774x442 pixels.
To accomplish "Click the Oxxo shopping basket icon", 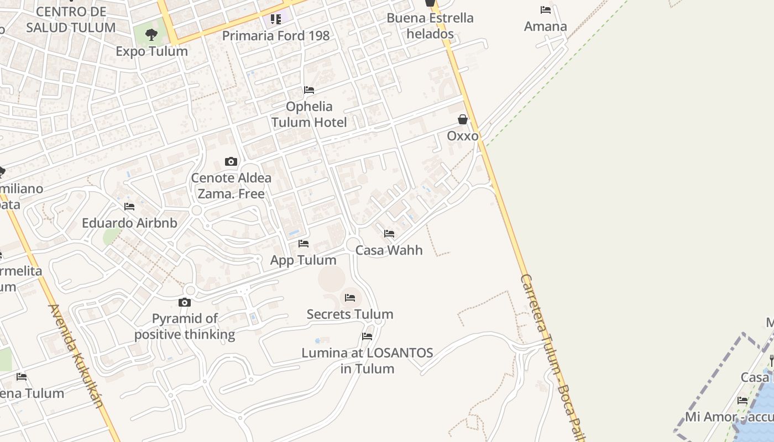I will coord(463,119).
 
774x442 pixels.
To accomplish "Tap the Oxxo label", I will coord(463,136).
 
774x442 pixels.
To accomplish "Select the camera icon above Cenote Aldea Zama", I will coord(231,162).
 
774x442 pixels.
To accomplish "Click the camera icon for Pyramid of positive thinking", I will coord(185,302).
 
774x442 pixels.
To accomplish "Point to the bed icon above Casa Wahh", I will coord(389,234).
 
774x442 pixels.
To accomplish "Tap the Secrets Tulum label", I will coord(350,314).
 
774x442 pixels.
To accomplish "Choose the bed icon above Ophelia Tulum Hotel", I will coord(309,90).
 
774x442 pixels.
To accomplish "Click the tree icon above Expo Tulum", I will coord(151,35).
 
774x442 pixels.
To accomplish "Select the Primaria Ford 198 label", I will coord(276,36).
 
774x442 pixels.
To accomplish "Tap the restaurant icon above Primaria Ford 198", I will coord(276,20).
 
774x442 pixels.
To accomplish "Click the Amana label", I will coord(546,27).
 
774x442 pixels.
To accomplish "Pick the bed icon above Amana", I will coord(546,10).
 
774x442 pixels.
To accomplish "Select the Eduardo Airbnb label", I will coord(129,223).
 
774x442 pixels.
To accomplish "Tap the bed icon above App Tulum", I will coord(304,244).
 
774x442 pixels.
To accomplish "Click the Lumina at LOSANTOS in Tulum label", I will coord(367,361).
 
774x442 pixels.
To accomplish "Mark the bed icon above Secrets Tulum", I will coord(350,298).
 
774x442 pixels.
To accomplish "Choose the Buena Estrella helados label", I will coord(430,26).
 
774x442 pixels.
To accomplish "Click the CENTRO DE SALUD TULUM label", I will coord(71,19).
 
